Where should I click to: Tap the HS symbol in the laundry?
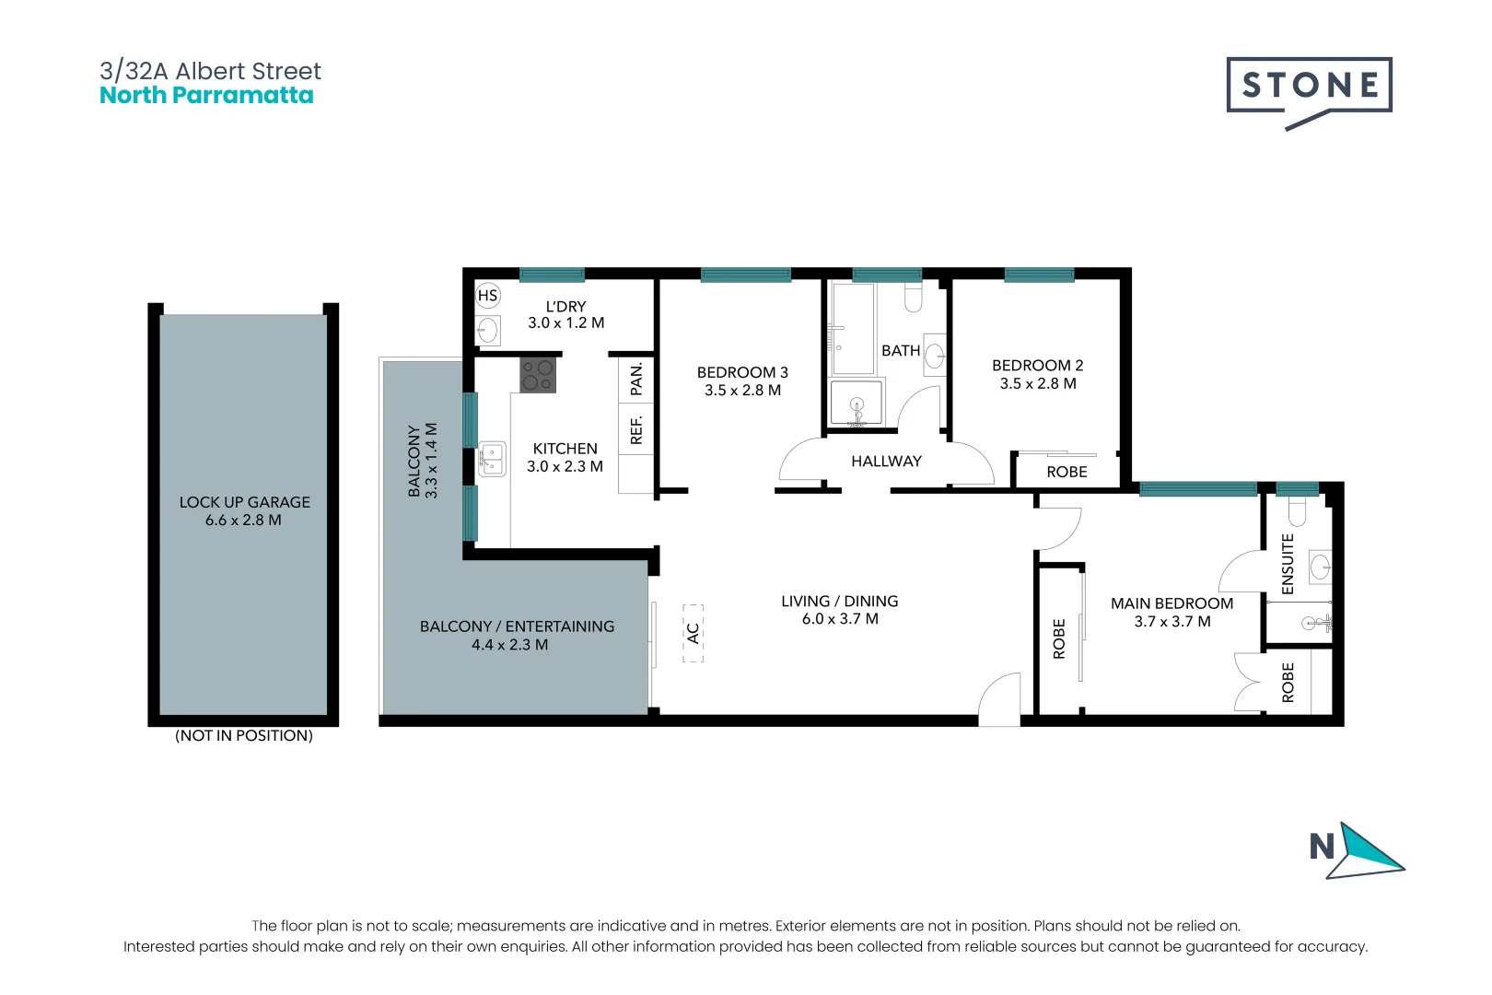click(487, 296)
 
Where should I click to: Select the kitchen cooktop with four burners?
click(538, 375)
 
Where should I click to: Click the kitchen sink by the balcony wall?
click(492, 458)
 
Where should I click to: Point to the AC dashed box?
click(693, 633)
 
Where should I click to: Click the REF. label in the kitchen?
click(636, 429)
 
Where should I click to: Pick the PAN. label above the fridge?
click(636, 379)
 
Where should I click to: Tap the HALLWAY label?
click(886, 461)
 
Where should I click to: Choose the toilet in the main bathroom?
click(913, 297)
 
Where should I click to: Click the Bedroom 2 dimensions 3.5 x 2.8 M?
click(1038, 383)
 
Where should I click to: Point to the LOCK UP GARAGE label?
click(244, 502)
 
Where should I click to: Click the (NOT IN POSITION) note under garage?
click(244, 735)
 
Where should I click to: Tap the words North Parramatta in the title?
click(206, 96)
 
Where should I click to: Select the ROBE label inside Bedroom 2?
click(1067, 472)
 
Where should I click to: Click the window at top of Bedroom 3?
click(745, 275)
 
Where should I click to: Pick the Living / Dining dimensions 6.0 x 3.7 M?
click(840, 619)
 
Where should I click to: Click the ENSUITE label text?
click(1288, 564)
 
